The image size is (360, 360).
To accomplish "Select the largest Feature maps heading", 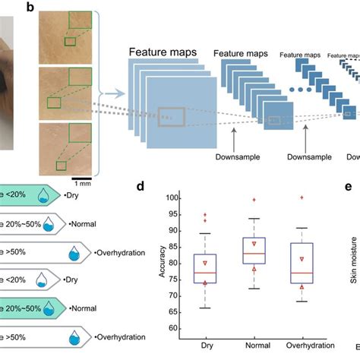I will (163, 52).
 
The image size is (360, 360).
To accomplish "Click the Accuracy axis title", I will (163, 262).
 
